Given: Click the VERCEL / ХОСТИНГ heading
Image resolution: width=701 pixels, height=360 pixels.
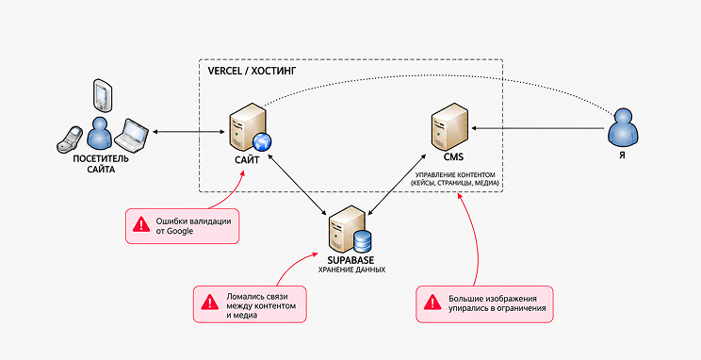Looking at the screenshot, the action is pyautogui.click(x=253, y=71).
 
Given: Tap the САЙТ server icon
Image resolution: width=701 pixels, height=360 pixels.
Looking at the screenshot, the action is pyautogui.click(x=249, y=127).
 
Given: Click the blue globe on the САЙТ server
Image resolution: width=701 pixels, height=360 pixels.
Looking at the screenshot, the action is pyautogui.click(x=262, y=141).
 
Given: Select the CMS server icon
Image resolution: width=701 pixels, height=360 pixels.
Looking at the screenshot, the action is pyautogui.click(x=450, y=126).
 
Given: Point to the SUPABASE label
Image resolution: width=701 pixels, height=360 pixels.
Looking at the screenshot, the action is pyautogui.click(x=351, y=260).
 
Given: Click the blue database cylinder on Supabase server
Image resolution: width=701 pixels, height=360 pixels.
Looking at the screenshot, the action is pyautogui.click(x=362, y=241).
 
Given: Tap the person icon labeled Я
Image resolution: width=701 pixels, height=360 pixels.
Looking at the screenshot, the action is pyautogui.click(x=622, y=127).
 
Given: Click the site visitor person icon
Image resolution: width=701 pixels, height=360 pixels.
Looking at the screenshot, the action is pyautogui.click(x=99, y=133).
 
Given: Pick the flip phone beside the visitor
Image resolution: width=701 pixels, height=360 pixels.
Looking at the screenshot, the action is pyautogui.click(x=70, y=139).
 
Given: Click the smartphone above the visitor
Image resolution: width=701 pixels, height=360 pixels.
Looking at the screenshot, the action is pyautogui.click(x=102, y=95).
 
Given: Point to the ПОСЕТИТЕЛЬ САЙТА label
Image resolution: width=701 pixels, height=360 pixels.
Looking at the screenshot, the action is pyautogui.click(x=101, y=164).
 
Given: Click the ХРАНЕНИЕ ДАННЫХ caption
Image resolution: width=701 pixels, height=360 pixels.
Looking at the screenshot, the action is pyautogui.click(x=351, y=270).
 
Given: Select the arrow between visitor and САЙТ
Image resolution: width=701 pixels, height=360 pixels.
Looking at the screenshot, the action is pyautogui.click(x=187, y=132).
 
